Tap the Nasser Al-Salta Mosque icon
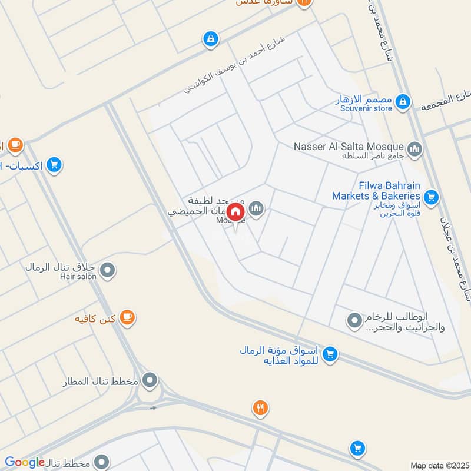click(414, 148)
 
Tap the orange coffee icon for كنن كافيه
click(127, 318)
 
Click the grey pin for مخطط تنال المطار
click(151, 379)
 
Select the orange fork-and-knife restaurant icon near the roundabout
click(260, 407)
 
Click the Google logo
click(25, 463)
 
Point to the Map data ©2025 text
click(439, 465)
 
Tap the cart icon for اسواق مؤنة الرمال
click(330, 354)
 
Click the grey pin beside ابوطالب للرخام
click(354, 321)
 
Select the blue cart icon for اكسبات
click(54, 165)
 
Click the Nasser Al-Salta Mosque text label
click(349, 146)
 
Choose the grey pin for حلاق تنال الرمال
click(107, 270)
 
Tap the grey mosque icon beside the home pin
click(256, 208)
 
